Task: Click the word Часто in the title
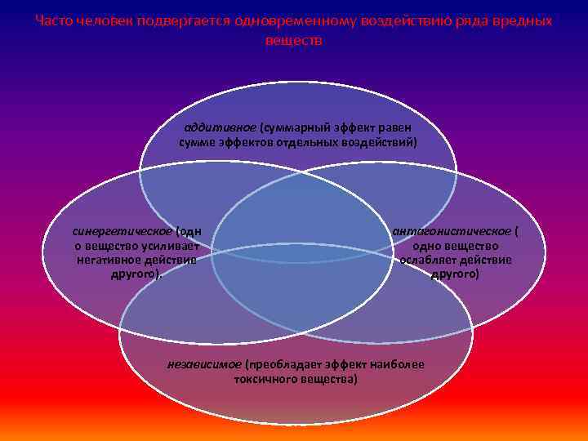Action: [x=55, y=21]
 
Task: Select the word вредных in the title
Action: [x=523, y=21]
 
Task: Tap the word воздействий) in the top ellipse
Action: [x=383, y=142]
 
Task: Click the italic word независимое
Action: [x=204, y=365]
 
